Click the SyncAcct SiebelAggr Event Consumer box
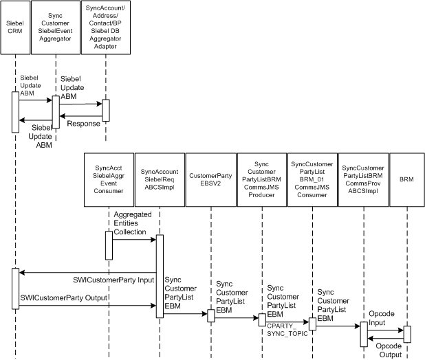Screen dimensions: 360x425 [109, 179]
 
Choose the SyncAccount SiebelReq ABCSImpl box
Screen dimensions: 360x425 [159, 179]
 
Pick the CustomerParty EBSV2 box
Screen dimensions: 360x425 [210, 179]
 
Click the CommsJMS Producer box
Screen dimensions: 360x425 [261, 179]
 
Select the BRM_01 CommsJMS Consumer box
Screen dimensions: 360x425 [312, 179]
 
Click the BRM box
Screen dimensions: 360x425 [406, 179]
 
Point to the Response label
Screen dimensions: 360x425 [83, 124]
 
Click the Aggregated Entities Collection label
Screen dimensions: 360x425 [131, 224]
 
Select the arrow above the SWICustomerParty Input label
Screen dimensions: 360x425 [87, 273]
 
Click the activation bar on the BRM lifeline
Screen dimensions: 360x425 [407, 334]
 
